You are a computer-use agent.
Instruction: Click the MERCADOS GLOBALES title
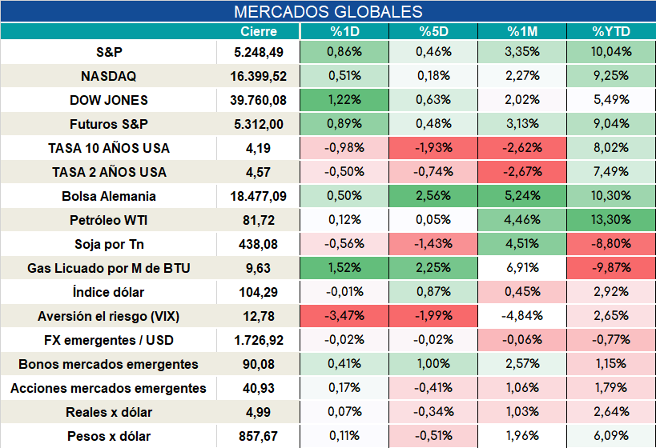(328, 12)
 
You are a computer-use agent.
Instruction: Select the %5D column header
(433, 32)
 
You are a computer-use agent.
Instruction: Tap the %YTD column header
(611, 32)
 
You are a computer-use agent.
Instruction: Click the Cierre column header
(259, 32)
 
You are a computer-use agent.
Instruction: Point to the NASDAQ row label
(108, 76)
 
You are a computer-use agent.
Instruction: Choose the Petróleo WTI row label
(108, 220)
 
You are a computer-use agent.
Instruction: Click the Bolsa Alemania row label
(108, 196)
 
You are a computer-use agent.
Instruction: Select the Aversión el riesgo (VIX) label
(108, 316)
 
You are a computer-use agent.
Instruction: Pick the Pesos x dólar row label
(108, 436)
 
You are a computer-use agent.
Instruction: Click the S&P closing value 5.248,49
(259, 52)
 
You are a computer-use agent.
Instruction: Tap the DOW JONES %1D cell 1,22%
(344, 100)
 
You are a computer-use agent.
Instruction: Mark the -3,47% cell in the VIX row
(344, 316)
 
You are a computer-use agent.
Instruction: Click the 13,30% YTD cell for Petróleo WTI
(611, 220)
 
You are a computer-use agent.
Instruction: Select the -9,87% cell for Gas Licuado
(611, 268)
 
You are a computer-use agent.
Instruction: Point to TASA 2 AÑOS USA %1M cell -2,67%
(522, 172)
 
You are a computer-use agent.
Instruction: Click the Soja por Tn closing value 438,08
(259, 245)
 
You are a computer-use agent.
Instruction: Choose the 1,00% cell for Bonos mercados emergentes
(433, 364)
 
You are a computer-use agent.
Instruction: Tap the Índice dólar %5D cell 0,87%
(433, 292)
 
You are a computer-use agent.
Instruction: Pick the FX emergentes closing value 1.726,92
(259, 341)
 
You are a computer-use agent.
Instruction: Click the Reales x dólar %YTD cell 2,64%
(611, 412)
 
